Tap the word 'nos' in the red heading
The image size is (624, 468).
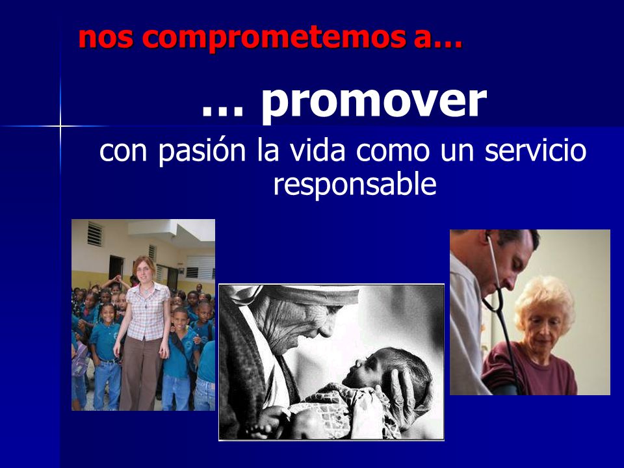105,38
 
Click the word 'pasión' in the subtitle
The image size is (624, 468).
201,151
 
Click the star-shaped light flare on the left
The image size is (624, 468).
60,127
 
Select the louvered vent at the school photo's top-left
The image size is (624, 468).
95,234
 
